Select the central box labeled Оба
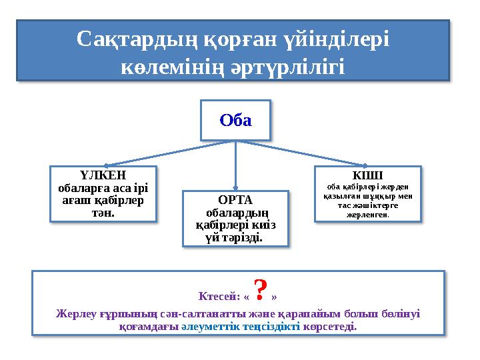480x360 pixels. coord(236,121)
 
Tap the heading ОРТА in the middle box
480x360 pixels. coord(235,200)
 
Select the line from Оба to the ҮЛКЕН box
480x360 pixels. coord(167,153)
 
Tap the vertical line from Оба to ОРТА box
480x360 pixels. coord(236,167)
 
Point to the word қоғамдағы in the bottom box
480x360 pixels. coord(149,327)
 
